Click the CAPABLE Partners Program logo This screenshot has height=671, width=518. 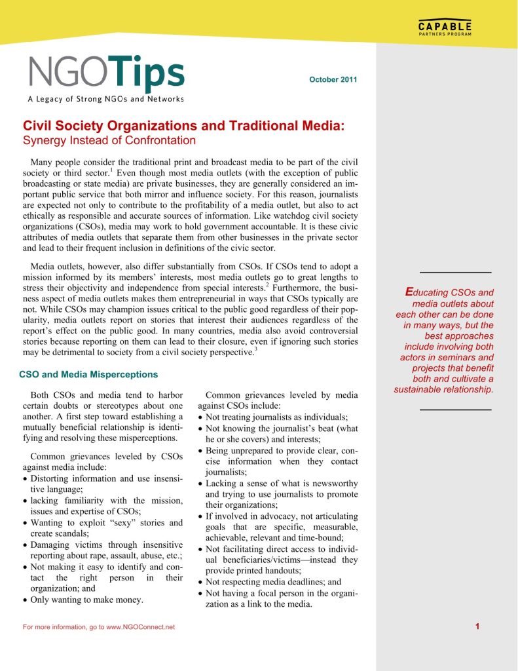pyautogui.click(x=445, y=29)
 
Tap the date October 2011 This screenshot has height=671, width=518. pyautogui.click(x=333, y=80)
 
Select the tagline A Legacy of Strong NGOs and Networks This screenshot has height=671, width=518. pyautogui.click(x=105, y=99)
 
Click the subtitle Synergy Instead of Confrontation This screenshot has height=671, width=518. pyautogui.click(x=109, y=140)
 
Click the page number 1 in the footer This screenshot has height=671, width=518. pyautogui.click(x=478, y=627)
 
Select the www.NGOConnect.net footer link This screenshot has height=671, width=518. pyautogui.click(x=140, y=628)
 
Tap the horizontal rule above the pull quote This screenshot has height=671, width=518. pyautogui.click(x=455, y=272)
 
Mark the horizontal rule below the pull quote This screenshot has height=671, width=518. pyautogui.click(x=455, y=410)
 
